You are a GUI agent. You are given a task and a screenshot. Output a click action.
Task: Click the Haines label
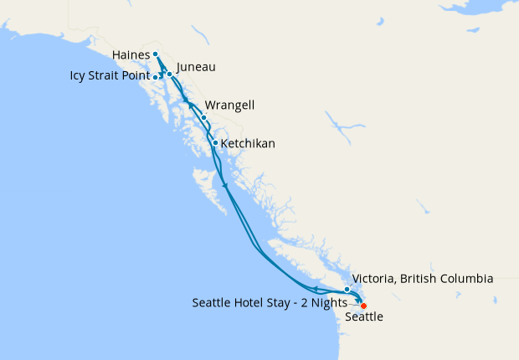tap(129, 55)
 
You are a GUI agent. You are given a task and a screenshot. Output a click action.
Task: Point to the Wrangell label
tap(229, 105)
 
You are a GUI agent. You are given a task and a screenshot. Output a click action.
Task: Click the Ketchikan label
tap(247, 144)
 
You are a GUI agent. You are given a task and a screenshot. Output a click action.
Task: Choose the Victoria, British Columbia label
tap(423, 278)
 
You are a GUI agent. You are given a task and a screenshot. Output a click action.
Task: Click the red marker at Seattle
tap(363, 306)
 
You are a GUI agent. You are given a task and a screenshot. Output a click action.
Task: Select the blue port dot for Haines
tap(156, 54)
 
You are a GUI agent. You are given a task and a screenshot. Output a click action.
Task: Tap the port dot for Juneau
tap(169, 74)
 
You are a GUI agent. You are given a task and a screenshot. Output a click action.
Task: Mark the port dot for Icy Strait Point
tap(157, 77)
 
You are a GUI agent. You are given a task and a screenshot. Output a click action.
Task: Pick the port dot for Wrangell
tap(203, 117)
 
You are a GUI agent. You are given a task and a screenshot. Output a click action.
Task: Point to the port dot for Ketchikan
tap(215, 142)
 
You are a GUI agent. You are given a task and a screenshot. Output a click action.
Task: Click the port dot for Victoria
tap(347, 290)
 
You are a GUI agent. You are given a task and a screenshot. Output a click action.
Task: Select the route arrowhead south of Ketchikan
tap(225, 185)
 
